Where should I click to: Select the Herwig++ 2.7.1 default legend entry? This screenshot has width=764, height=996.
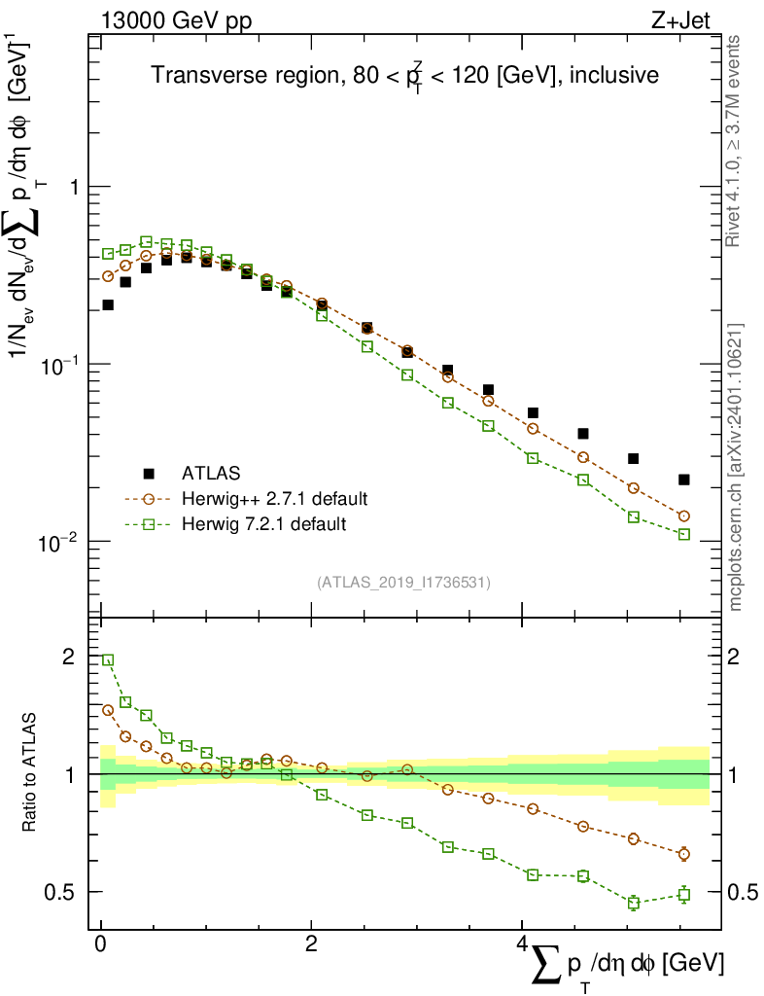click(274, 499)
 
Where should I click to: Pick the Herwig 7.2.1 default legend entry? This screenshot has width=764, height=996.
click(264, 524)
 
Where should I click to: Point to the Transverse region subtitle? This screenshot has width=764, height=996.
click(405, 77)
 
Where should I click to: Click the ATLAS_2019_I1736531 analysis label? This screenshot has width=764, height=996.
click(403, 583)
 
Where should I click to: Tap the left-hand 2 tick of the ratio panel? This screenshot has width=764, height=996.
click(68, 657)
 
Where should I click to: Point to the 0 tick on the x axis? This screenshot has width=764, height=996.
click(100, 944)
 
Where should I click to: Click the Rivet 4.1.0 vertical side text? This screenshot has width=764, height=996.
click(736, 141)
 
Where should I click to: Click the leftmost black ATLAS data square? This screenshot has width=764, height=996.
click(108, 305)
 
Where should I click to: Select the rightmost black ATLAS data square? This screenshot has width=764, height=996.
click(684, 480)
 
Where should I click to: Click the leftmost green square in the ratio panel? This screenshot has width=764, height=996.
click(108, 659)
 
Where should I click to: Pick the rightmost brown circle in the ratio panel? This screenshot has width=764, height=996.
click(684, 854)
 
